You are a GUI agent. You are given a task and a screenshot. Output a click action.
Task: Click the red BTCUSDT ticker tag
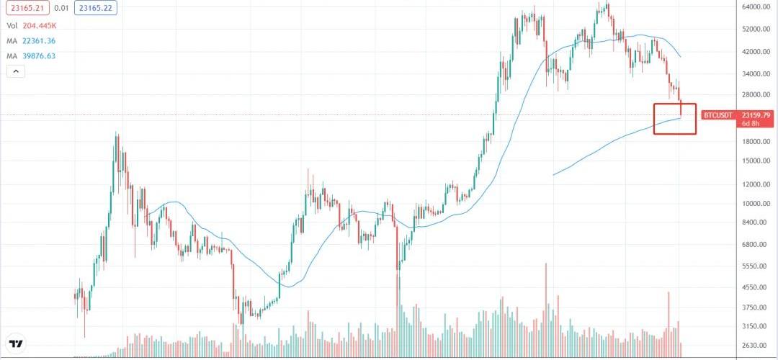[717, 115]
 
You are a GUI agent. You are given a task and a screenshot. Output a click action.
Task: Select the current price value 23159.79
[756, 115]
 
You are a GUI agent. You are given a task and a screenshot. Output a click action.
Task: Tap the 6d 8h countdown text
[751, 123]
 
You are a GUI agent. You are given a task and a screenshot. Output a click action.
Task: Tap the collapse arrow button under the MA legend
[16, 71]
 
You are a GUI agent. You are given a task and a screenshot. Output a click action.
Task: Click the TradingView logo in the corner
[15, 344]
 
